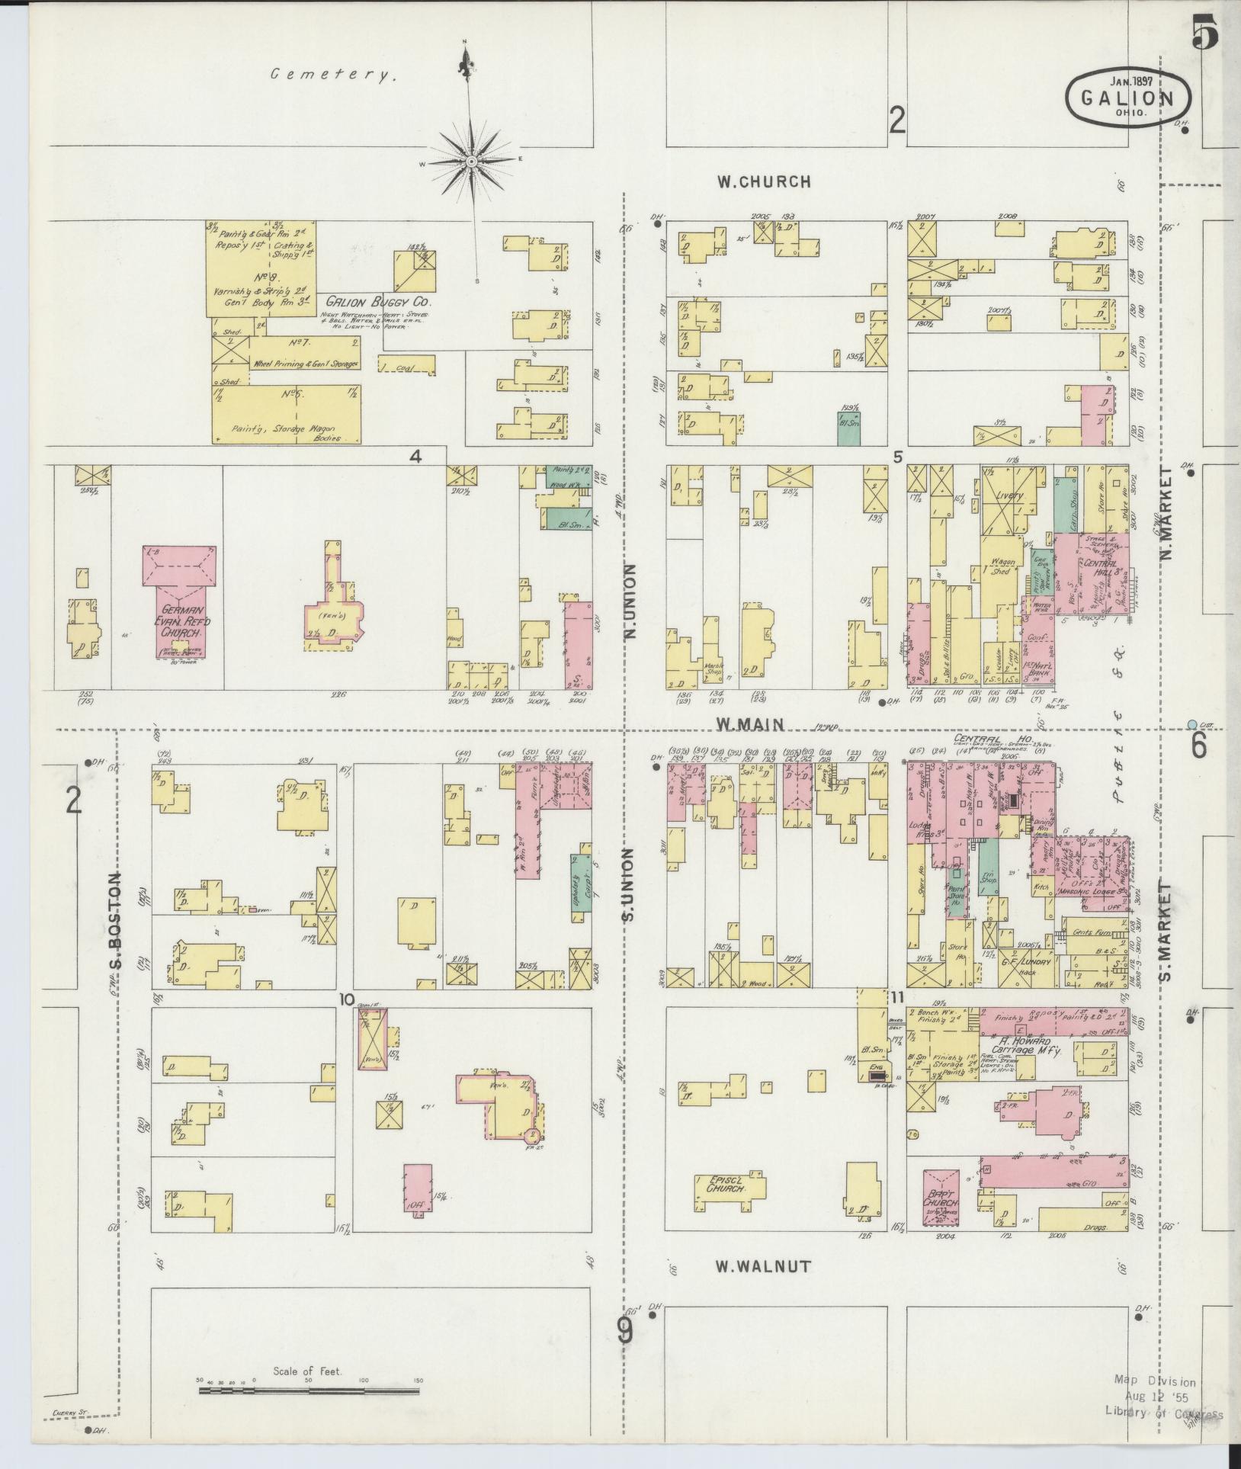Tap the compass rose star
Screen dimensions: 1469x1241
471,162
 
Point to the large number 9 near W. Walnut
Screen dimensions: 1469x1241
624,1332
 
